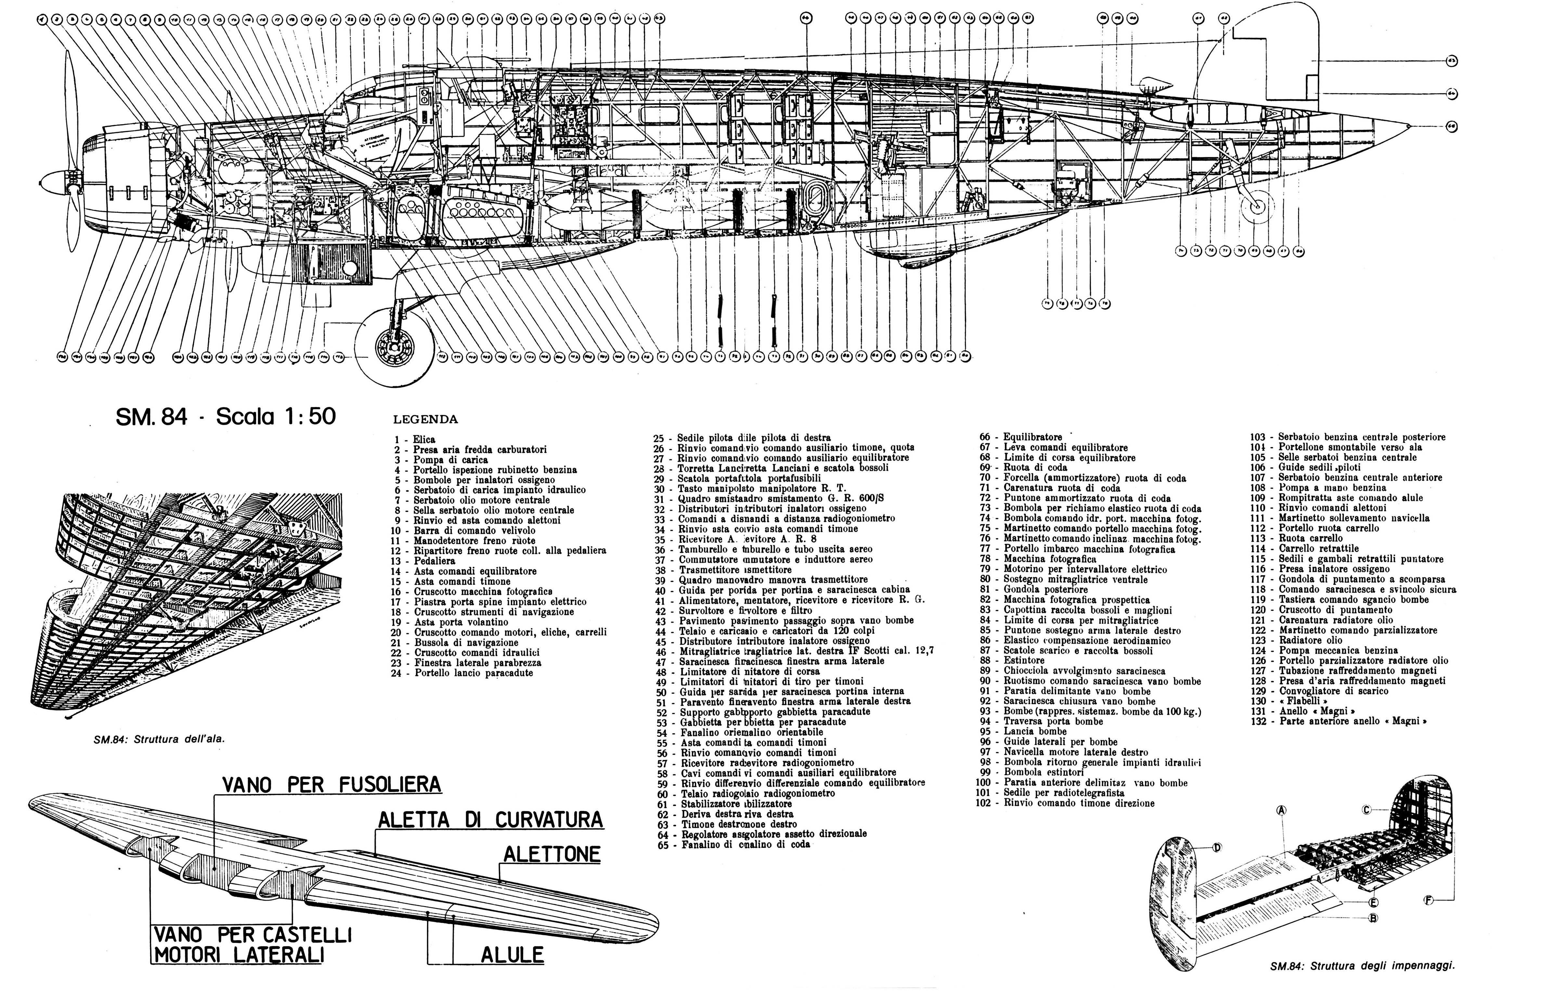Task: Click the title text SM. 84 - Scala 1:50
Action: tap(226, 416)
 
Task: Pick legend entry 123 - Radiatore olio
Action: tap(1304, 640)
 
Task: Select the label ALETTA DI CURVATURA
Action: tap(490, 820)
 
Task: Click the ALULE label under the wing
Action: tap(512, 955)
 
